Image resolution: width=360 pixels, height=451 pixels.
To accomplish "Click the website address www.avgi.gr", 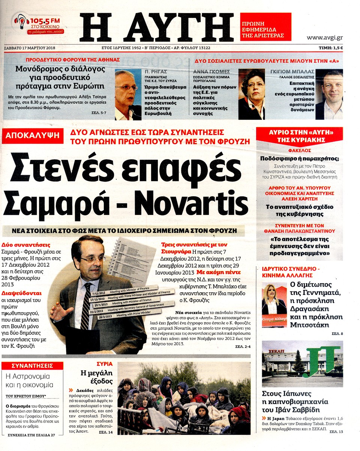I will [x=324, y=37].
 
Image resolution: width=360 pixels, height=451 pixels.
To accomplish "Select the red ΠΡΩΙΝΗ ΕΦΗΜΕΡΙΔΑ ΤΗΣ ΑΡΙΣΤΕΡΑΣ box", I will [x=265, y=26].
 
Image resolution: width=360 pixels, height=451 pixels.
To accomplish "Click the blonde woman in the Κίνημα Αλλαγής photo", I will [x=273, y=296].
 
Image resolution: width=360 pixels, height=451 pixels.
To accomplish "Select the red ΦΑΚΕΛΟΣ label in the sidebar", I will [x=299, y=152].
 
